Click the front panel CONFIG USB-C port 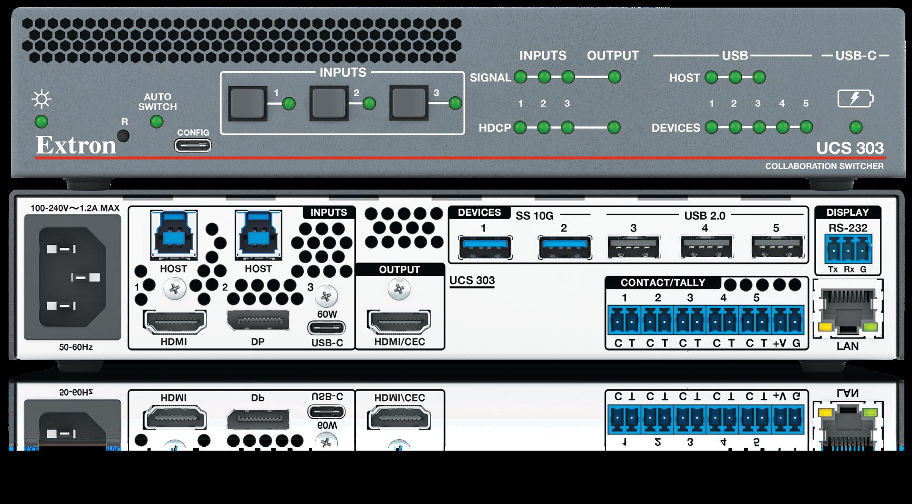(193, 145)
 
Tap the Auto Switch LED (156, 121)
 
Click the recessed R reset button (124, 136)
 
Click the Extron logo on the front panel (76, 145)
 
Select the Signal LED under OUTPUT (614, 77)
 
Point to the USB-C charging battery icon (856, 99)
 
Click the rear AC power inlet (73, 277)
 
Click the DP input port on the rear (258, 323)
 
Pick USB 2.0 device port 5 (777, 248)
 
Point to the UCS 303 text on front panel (850, 148)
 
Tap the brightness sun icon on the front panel (41, 100)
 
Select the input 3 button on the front (408, 103)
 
